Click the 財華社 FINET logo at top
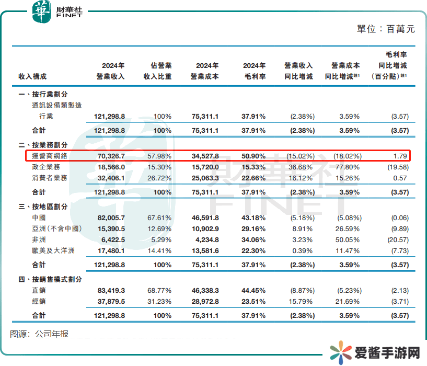pos(57,11)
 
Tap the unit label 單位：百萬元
pos(386,29)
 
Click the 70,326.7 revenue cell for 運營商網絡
pos(110,156)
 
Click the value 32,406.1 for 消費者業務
pos(110,178)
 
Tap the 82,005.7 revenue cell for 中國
pos(110,218)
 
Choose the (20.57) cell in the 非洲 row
pos(395,239)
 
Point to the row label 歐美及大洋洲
pos(53,250)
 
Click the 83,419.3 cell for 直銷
pos(110,291)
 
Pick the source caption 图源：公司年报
pos(39,334)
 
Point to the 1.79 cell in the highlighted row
pos(400,156)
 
